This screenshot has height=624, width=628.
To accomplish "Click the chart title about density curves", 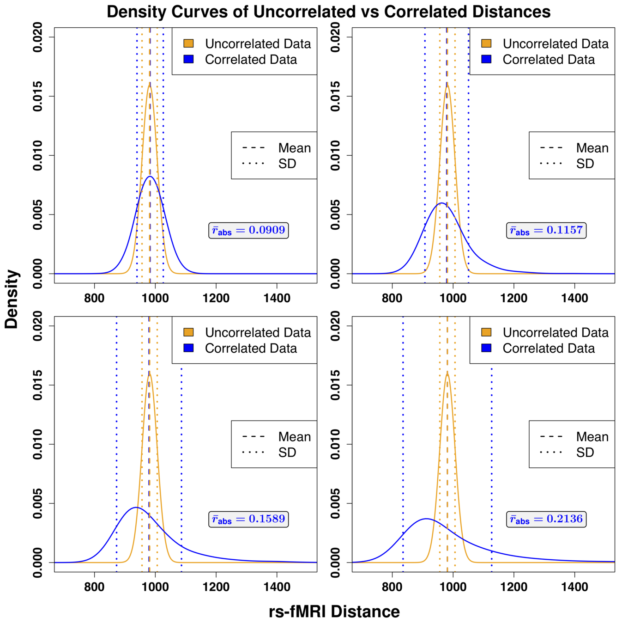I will pyautogui.click(x=328, y=12).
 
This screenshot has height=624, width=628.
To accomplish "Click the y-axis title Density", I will pyautogui.click(x=12, y=300).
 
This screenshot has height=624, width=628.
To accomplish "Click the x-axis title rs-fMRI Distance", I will pyautogui.click(x=334, y=612).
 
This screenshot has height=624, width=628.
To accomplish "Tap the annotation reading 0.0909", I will pyautogui.click(x=249, y=230).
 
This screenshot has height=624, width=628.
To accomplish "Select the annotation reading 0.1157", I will pyautogui.click(x=546, y=230).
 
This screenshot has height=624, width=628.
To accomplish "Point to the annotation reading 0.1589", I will pyautogui.click(x=249, y=519).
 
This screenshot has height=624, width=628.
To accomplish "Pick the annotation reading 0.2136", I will pyautogui.click(x=546, y=519).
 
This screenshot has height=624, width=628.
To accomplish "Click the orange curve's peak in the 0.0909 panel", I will pyautogui.click(x=150, y=85).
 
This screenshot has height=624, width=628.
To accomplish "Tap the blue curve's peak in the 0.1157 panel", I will pyautogui.click(x=442, y=203).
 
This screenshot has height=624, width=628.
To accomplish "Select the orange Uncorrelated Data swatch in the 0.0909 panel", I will pyautogui.click(x=188, y=43).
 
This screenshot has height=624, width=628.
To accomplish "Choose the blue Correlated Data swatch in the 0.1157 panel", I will pyautogui.click(x=486, y=59).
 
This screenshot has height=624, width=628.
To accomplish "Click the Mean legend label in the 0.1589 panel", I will pyautogui.click(x=294, y=437).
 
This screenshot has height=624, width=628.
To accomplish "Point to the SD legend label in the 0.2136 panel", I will pyautogui.click(x=585, y=453).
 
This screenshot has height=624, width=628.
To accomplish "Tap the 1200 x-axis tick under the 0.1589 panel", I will pyautogui.click(x=216, y=587).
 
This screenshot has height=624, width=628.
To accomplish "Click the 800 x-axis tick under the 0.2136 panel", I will pyautogui.click(x=392, y=587).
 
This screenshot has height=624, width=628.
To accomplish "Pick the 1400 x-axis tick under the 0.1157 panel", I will pyautogui.click(x=574, y=298).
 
